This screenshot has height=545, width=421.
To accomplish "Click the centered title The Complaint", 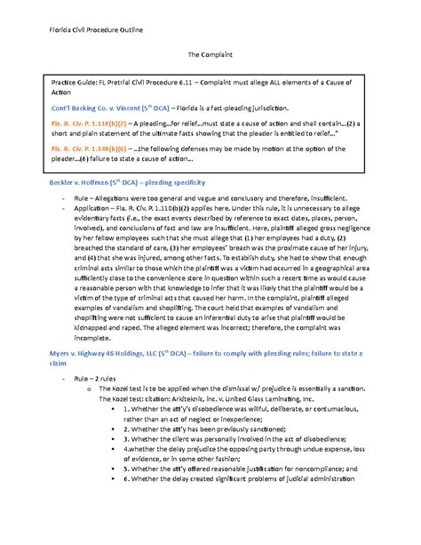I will tap(210, 55).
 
